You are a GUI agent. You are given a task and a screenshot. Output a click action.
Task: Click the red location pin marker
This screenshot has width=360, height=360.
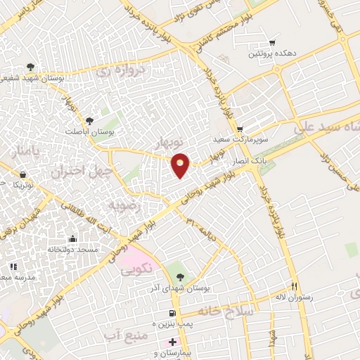point(181,165)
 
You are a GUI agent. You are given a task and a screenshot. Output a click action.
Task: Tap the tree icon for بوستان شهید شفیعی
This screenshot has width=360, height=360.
point(31,67)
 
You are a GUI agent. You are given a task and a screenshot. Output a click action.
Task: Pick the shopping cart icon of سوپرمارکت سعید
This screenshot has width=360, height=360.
point(240,129)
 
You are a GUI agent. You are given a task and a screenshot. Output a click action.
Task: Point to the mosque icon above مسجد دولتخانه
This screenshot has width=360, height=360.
point(72,239)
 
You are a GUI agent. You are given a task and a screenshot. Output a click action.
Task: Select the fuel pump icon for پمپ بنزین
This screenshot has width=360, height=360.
point(171,313)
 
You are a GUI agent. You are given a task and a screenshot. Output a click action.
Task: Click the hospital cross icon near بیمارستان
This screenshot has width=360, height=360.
point(173,342)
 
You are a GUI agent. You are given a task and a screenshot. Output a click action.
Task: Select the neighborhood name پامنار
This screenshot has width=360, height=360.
point(22,153)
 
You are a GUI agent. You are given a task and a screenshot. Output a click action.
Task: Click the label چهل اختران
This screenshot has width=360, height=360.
point(77,171)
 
